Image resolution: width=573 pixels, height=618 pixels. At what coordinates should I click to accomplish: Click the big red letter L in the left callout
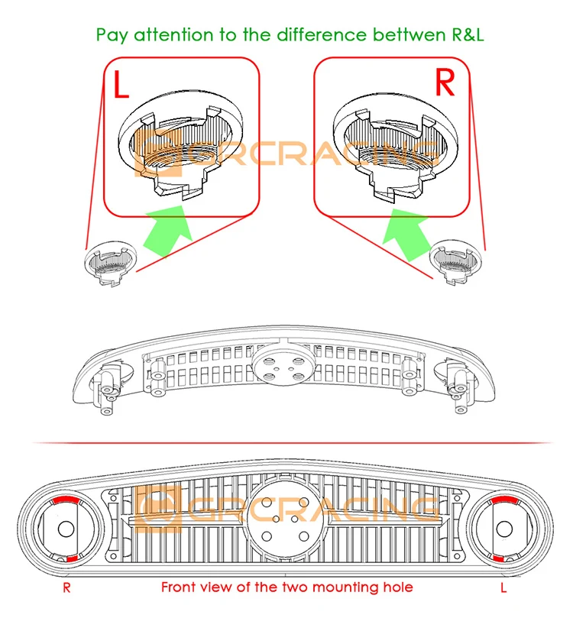click(120, 83)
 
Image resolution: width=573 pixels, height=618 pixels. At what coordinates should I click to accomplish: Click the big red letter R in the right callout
click(445, 83)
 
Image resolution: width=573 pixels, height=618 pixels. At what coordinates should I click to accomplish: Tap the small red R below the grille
click(67, 588)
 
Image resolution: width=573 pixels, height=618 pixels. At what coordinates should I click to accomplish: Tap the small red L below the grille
click(503, 588)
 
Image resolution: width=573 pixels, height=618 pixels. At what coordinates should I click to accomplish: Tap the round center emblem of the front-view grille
click(286, 514)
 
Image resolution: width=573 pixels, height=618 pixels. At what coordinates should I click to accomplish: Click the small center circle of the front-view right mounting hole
click(505, 528)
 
